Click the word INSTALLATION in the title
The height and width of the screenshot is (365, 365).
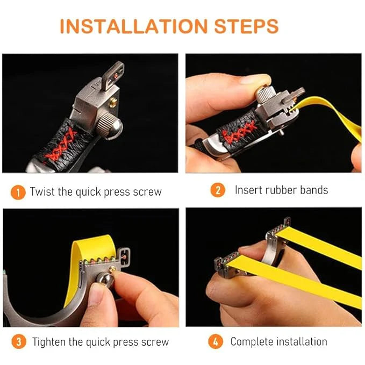134,26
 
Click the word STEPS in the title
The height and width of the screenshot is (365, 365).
247,26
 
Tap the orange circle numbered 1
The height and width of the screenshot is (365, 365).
18,192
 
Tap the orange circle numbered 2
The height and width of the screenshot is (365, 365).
218,190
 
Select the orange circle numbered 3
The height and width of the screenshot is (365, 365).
19,341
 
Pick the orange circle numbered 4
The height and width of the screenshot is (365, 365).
216,341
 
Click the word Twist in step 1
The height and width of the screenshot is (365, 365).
42,192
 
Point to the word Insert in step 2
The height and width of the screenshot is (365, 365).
248,190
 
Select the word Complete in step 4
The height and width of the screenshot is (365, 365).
252,342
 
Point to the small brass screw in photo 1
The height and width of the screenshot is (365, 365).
113,102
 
